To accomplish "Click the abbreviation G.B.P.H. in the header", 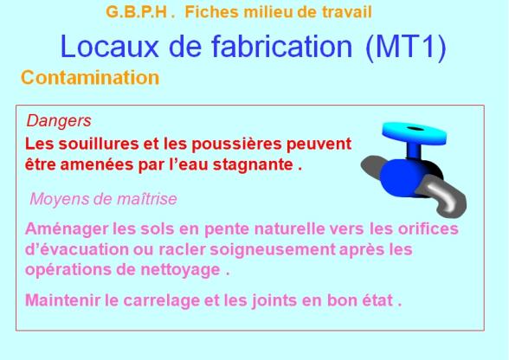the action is [x=140, y=12].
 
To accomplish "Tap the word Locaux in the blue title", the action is [x=109, y=47].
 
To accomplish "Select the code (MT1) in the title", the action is [x=406, y=48].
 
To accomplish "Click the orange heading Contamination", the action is [x=90, y=78].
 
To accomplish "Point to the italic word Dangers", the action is [x=59, y=121].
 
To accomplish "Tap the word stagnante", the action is [x=254, y=165].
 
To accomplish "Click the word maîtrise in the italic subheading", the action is [x=147, y=199].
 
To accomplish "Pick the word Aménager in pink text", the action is [x=67, y=229].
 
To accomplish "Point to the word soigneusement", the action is [x=273, y=250].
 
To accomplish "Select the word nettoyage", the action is [x=180, y=270].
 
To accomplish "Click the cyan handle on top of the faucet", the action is [x=415, y=132].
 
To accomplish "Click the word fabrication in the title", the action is [x=282, y=47].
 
